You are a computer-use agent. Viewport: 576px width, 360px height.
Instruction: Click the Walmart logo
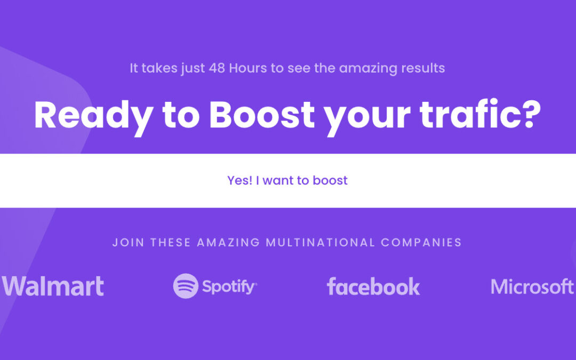click(53, 286)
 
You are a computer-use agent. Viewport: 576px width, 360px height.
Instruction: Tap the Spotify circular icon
click(186, 286)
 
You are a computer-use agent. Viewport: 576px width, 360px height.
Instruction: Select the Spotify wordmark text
click(229, 287)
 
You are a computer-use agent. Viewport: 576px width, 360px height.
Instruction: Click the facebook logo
click(373, 286)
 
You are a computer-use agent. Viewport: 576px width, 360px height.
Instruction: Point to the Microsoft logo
click(532, 286)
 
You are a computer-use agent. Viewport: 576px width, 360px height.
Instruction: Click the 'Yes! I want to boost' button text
click(287, 180)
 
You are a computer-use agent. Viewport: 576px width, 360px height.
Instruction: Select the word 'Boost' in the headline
click(262, 114)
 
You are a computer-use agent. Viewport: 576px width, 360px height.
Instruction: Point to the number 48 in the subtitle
click(217, 68)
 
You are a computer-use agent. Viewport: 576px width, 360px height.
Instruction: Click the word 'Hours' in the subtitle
click(248, 68)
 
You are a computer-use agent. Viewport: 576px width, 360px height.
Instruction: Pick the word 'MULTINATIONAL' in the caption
click(321, 243)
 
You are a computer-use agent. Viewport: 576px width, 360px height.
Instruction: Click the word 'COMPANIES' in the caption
click(421, 243)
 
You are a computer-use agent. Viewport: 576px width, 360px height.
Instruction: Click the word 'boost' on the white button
click(330, 180)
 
